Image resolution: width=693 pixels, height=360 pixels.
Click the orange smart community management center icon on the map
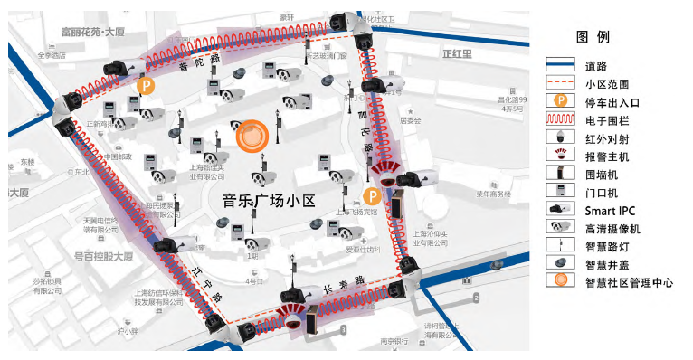pyautogui.click(x=252, y=136)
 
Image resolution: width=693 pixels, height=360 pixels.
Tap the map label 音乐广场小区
pyautogui.click(x=268, y=199)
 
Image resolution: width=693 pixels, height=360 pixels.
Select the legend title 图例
pyautogui.click(x=593, y=37)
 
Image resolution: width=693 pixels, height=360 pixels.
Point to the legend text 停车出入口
pyautogui.click(x=614, y=100)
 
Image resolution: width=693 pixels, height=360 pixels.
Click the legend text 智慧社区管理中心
pyautogui.click(x=629, y=282)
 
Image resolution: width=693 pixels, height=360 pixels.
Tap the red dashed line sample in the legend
pyautogui.click(x=560, y=82)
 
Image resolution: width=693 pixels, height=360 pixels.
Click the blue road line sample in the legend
pyautogui.click(x=560, y=65)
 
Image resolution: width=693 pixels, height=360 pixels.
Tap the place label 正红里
pyautogui.click(x=458, y=53)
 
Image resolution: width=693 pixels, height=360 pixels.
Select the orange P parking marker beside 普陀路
pyautogui.click(x=146, y=86)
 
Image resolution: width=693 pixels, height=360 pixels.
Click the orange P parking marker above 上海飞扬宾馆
pyautogui.click(x=370, y=196)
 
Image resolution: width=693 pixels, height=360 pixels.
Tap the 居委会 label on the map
pyautogui.click(x=411, y=120)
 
